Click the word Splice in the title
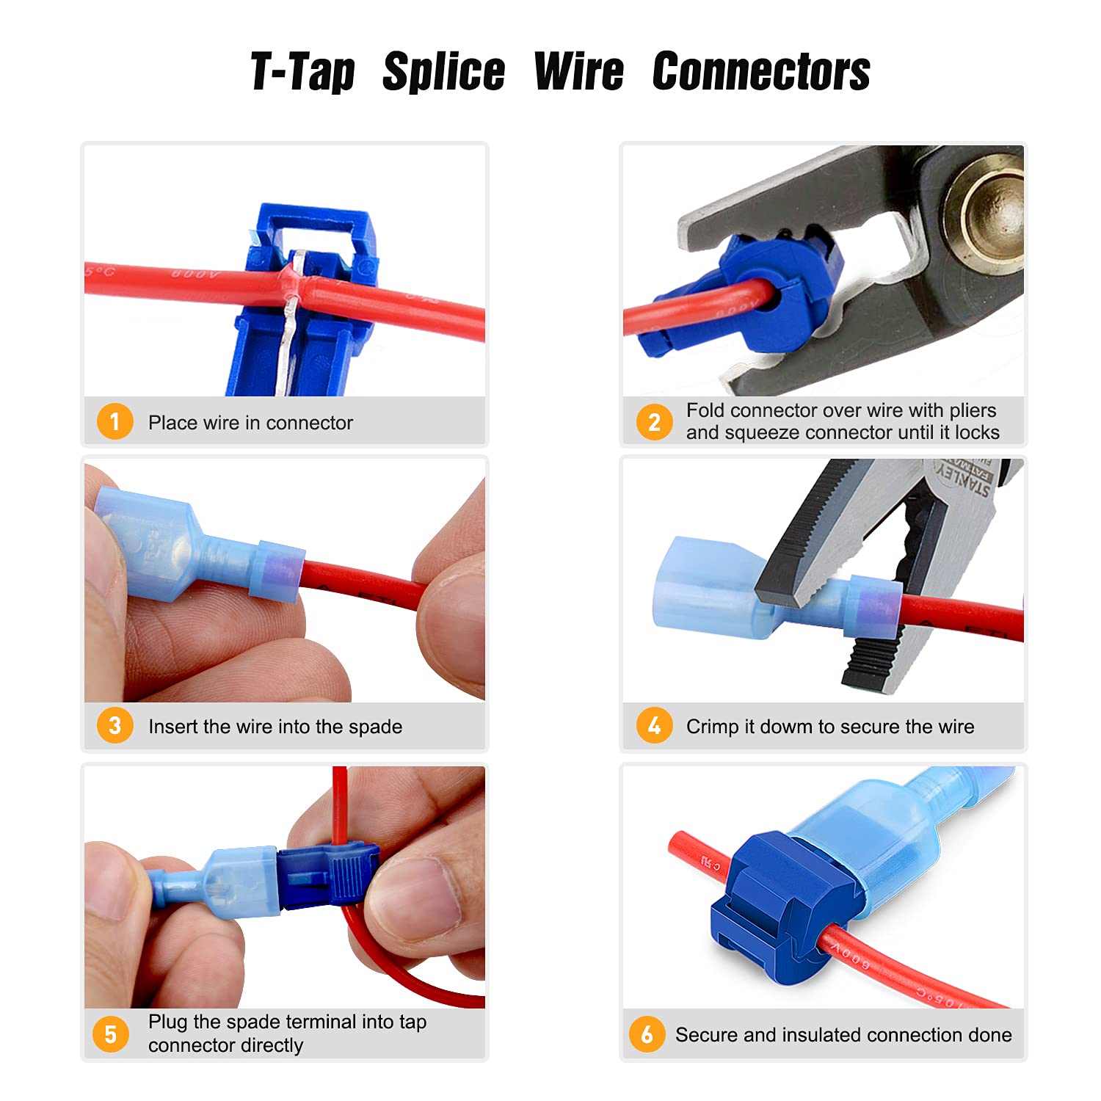[x=443, y=73]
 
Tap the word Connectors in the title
[x=761, y=73]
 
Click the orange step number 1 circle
[x=115, y=422]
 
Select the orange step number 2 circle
[x=653, y=422]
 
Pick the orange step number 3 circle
[x=115, y=726]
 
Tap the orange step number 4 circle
[x=653, y=726]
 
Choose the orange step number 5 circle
[x=110, y=1033]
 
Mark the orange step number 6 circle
[x=647, y=1034]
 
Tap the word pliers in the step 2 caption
[x=973, y=410]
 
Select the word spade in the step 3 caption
[x=375, y=727]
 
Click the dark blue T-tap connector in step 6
[x=778, y=903]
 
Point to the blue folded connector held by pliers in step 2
[x=771, y=294]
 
